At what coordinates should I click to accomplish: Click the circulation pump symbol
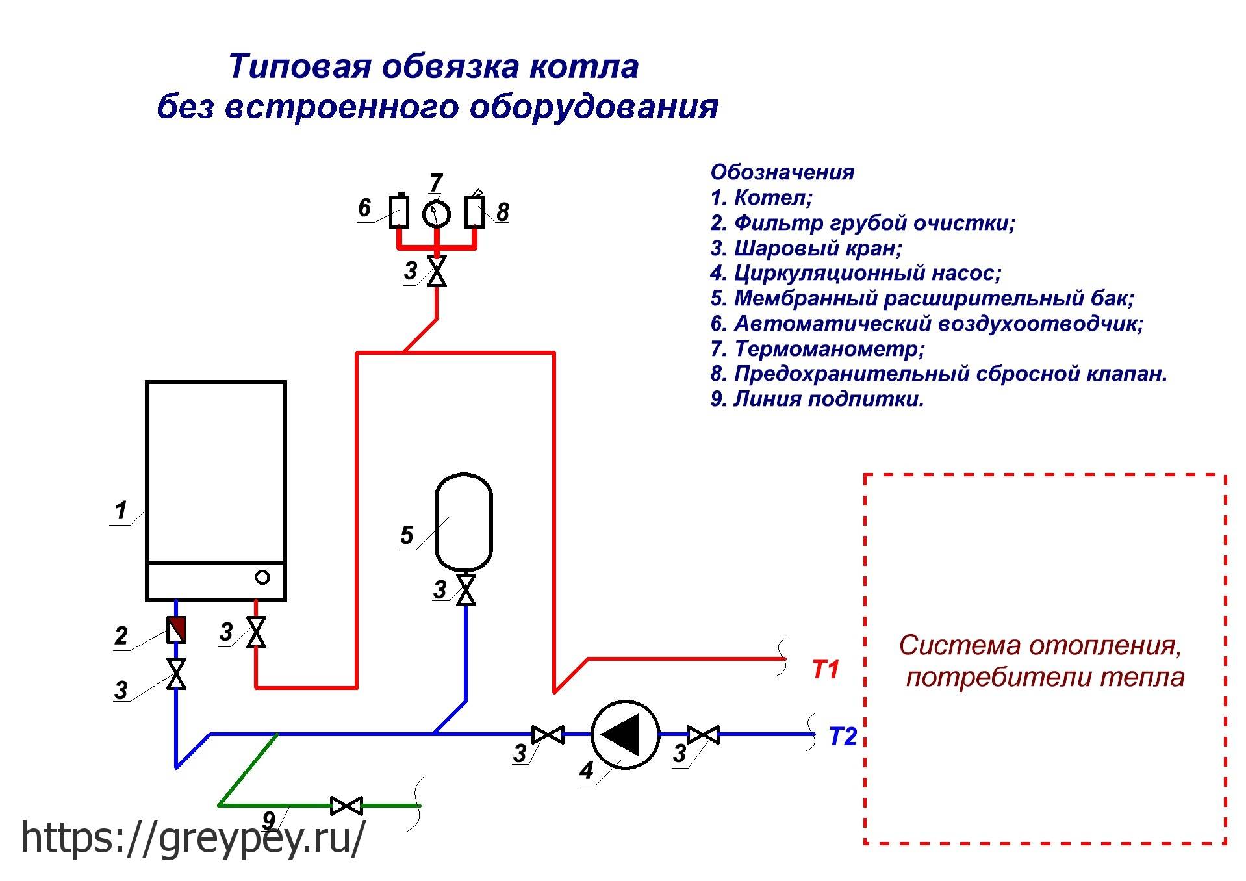[625, 735]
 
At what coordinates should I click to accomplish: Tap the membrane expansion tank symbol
[463, 522]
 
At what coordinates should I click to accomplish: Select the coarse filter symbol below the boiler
[177, 630]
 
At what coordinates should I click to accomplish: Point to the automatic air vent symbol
[399, 211]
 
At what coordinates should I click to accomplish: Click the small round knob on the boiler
[262, 577]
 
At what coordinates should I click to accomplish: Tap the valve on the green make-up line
[346, 806]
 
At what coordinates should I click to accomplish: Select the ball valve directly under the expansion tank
[466, 590]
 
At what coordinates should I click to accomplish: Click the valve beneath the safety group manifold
[437, 271]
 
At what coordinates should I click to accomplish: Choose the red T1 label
[826, 670]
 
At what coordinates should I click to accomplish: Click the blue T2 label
[843, 737]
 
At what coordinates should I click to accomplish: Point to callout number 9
[268, 819]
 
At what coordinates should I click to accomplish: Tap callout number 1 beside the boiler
[121, 511]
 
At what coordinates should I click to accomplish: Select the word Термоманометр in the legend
[829, 349]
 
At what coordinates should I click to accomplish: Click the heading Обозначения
[782, 172]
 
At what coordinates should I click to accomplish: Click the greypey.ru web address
[193, 837]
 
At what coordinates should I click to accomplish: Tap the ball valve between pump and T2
[704, 735]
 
